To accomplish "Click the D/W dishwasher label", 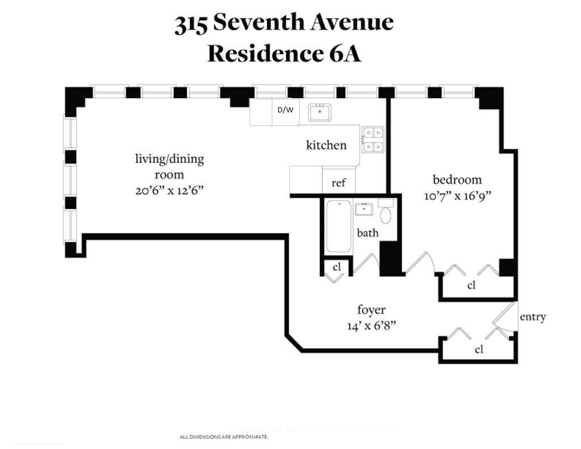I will [285, 111].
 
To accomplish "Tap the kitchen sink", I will [321, 112].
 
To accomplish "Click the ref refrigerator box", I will [339, 183].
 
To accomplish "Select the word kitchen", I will [326, 145].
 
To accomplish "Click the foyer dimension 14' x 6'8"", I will [371, 326].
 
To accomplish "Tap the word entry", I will [533, 317].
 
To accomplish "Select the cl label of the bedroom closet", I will [471, 286].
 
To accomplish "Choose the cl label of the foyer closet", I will [479, 350].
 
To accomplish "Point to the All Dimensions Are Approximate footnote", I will [224, 437].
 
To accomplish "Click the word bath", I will [367, 233].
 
